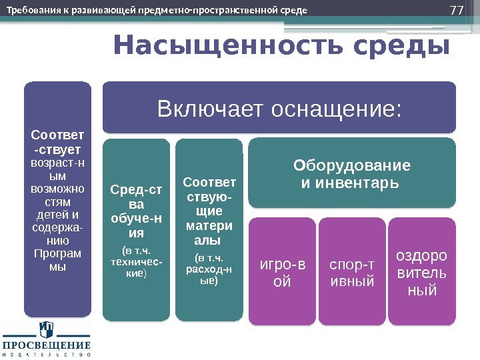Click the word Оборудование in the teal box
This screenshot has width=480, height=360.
coord(353,165)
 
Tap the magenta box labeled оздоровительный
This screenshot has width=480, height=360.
coord(422,273)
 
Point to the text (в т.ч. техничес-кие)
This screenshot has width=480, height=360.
coord(135,262)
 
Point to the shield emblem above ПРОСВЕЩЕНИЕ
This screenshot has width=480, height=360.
coord(46,329)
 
